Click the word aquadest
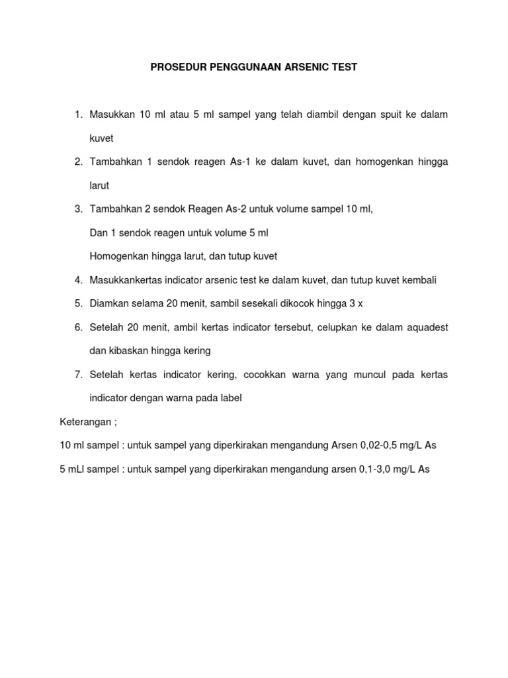pos(424,328)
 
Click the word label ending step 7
pos(231,399)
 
